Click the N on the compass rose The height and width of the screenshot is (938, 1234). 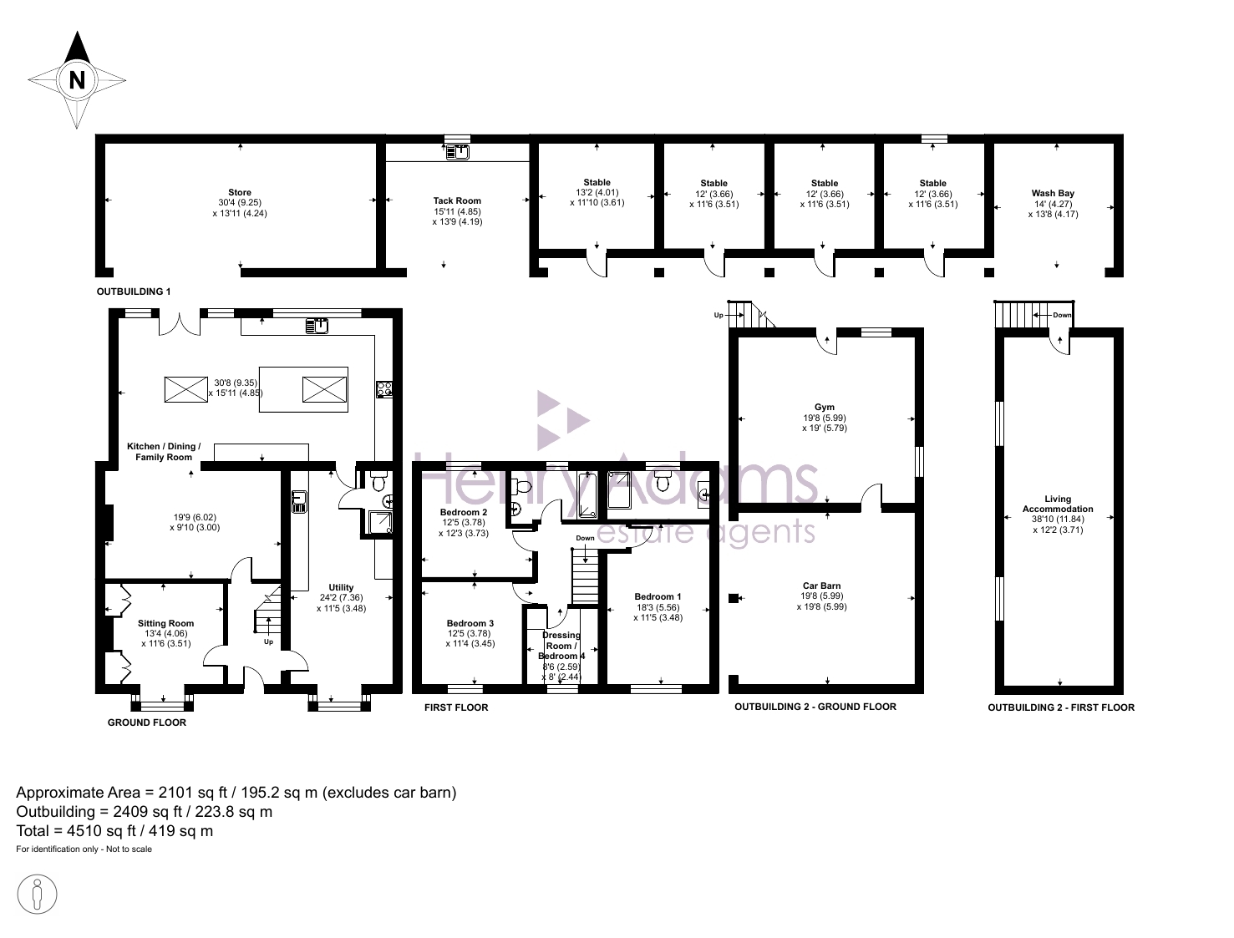click(77, 80)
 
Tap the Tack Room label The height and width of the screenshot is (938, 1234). click(457, 200)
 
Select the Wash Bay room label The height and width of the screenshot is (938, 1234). click(1053, 193)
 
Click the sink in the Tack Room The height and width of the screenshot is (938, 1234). click(458, 152)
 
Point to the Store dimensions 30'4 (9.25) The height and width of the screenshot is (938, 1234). click(240, 203)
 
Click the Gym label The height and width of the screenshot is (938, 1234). click(825, 408)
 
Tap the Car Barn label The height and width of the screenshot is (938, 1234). click(822, 586)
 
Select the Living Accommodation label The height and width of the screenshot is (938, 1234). click(1058, 504)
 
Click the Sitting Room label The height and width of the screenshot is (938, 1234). click(166, 623)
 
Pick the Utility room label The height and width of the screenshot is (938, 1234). click(341, 587)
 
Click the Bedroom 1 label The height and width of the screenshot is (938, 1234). click(658, 597)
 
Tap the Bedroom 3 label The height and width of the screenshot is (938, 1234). click(470, 623)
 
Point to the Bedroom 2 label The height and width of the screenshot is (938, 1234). click(464, 513)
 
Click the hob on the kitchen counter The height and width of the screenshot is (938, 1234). click(384, 389)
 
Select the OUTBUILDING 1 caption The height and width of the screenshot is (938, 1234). click(134, 292)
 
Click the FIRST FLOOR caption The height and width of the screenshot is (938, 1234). click(456, 707)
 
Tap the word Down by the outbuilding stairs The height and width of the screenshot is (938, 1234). click(1062, 315)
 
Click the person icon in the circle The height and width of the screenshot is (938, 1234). click(37, 895)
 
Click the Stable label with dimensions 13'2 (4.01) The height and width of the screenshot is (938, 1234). click(597, 183)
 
